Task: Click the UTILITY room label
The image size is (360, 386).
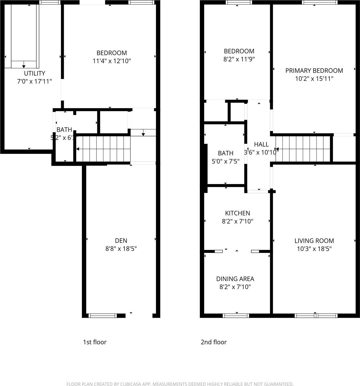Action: [x=35, y=73]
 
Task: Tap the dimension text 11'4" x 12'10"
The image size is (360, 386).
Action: [x=112, y=61]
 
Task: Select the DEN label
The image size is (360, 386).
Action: [x=121, y=241]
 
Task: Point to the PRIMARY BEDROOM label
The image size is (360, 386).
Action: [x=314, y=71]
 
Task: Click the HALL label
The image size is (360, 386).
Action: [x=261, y=145]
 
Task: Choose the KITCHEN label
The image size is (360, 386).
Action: [x=237, y=213]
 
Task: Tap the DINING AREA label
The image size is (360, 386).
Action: [x=235, y=279]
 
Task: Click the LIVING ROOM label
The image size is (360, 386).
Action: [x=314, y=241]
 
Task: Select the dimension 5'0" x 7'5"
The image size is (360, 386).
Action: [x=225, y=161]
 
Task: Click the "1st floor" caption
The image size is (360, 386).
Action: [x=95, y=342]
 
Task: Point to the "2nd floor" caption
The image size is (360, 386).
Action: [x=214, y=342]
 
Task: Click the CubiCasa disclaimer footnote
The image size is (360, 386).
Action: [x=180, y=384]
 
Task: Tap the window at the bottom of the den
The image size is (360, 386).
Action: [x=102, y=316]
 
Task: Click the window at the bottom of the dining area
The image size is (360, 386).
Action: [x=236, y=316]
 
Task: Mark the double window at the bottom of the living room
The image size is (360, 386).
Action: [x=316, y=316]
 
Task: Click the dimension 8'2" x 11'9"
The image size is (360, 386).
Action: [x=239, y=59]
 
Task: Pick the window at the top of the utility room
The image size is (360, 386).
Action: [x=50, y=2]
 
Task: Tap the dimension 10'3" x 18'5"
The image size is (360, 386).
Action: [x=314, y=249]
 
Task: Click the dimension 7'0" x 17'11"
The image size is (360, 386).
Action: [x=35, y=82]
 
